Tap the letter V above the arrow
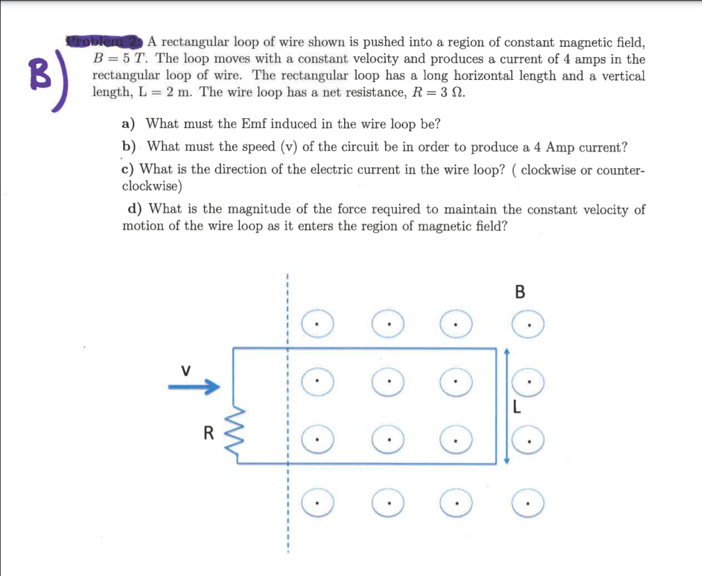coord(186,369)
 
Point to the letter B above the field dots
coord(520,292)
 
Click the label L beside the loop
coord(516,409)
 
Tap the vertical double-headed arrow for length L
coord(506,406)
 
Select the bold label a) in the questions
coord(129,124)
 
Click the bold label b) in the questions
coord(129,147)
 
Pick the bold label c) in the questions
coord(128,170)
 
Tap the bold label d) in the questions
coord(135,209)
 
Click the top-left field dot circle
coord(317,324)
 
